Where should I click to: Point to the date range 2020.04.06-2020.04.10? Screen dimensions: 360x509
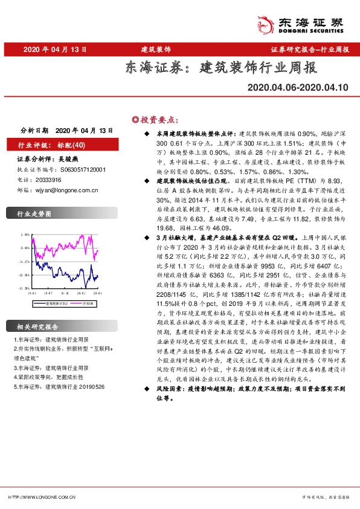tap(298, 88)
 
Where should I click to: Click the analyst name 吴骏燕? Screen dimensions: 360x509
tap(71, 159)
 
